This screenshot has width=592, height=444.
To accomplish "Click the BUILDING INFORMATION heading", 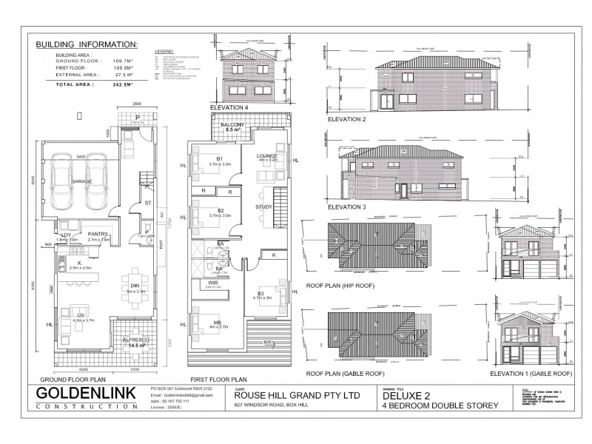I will point(87,44).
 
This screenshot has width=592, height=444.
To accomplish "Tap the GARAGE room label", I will point(81,181).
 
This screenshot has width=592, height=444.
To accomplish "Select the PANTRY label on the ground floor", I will point(98,234).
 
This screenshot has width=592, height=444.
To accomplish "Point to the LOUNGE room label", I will point(266,156).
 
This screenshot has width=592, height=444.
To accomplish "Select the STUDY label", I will point(264,207).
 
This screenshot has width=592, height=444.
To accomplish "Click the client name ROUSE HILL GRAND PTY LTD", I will point(287,395).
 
